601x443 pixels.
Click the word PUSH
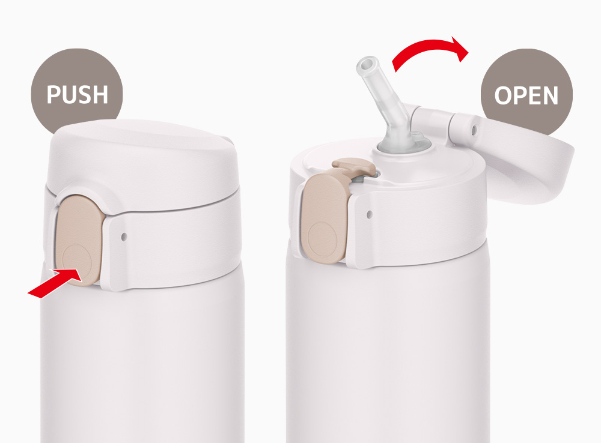pyautogui.click(x=78, y=94)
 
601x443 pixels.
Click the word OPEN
pyautogui.click(x=526, y=95)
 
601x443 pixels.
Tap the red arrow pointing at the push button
pyautogui.click(x=55, y=283)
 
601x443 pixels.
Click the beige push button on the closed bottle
pyautogui.click(x=79, y=241)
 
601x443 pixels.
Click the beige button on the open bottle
pyautogui.click(x=325, y=218)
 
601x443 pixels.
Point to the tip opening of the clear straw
pyautogui.click(x=368, y=64)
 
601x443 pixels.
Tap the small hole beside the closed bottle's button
pyautogui.click(x=123, y=237)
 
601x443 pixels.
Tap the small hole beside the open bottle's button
pyautogui.click(x=369, y=214)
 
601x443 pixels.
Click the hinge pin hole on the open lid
pyautogui.click(x=474, y=130)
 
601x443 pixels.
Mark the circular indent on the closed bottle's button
pyautogui.click(x=77, y=261)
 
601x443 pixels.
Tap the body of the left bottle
pyautogui.click(x=142, y=364)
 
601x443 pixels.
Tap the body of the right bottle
pyautogui.click(x=387, y=352)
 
